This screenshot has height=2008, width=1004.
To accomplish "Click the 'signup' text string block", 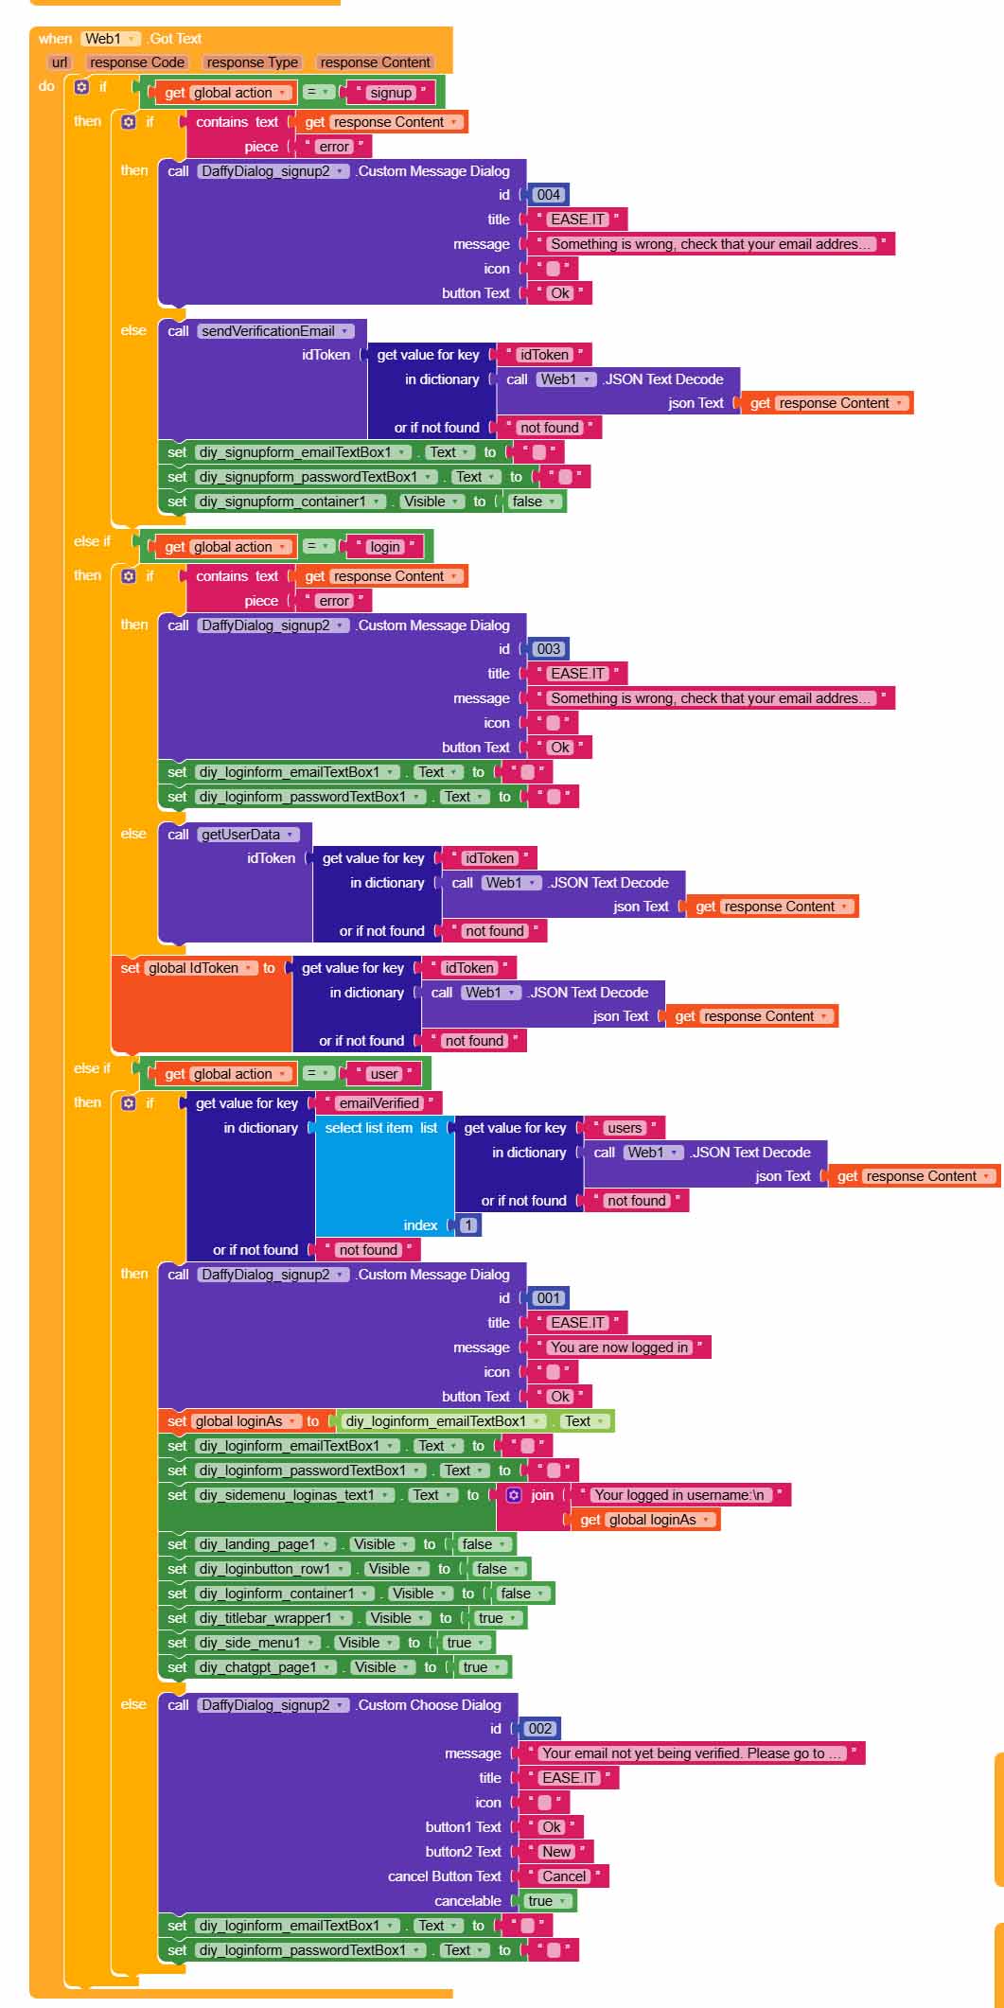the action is click(x=391, y=93).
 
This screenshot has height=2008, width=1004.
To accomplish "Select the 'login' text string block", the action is click(x=385, y=547).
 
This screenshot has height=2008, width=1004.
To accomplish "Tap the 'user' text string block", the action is click(x=384, y=1074).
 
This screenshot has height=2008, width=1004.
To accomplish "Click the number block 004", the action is click(x=548, y=195).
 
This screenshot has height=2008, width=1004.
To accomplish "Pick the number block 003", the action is click(x=548, y=649).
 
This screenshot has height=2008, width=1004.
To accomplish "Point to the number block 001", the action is click(x=548, y=1298).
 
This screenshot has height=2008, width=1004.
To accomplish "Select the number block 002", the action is click(x=539, y=1729).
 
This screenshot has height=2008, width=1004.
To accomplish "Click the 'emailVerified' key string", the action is click(x=379, y=1103).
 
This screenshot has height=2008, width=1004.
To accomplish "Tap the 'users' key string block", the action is click(x=625, y=1128).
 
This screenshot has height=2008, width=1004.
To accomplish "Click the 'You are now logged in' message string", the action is click(x=620, y=1347).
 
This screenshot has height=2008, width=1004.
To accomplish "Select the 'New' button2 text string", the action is click(x=556, y=1852).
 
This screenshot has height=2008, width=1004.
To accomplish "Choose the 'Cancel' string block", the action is click(x=564, y=1876).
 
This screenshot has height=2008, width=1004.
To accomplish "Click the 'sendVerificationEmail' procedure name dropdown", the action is click(x=275, y=331).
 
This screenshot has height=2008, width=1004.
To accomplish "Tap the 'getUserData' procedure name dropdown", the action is click(x=249, y=835).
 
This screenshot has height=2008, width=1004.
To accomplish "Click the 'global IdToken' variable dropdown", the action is click(x=201, y=968).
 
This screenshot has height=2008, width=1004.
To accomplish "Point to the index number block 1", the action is click(x=468, y=1225).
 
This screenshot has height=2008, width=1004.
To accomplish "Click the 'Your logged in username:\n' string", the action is click(x=678, y=1495).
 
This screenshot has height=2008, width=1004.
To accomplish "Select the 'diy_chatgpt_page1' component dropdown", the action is click(x=266, y=1667).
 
